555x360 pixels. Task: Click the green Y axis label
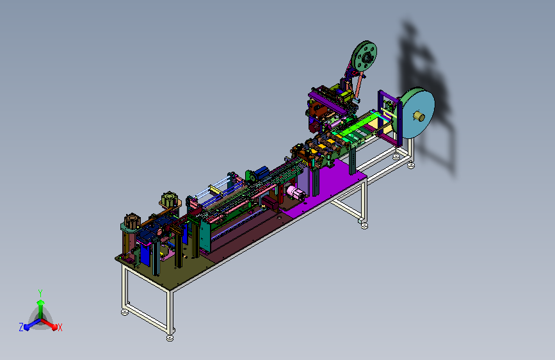click(x=40, y=293)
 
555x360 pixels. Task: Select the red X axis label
click(x=60, y=327)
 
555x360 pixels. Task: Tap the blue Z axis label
click(x=21, y=327)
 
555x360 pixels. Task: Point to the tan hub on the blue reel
click(x=419, y=116)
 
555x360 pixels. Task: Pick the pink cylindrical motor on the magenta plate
click(x=296, y=193)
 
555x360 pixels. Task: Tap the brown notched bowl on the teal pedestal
click(x=132, y=221)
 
